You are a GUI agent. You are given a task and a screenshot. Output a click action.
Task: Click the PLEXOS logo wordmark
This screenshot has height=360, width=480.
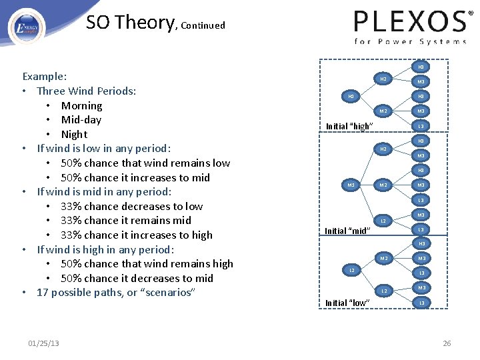(409, 22)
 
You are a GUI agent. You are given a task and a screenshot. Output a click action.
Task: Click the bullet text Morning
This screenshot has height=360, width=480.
(81, 105)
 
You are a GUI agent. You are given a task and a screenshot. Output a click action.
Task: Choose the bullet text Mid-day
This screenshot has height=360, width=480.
(81, 120)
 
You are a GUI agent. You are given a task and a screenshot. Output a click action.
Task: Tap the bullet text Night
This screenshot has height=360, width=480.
(74, 134)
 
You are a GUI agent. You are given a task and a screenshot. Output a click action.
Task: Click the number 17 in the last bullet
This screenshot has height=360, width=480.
(43, 293)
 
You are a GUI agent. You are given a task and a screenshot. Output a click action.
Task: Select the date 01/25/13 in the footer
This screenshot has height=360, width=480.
(43, 343)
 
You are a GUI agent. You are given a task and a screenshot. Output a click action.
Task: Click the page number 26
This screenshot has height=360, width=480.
(447, 343)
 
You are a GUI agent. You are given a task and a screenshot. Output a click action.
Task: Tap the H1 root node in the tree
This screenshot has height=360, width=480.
(351, 97)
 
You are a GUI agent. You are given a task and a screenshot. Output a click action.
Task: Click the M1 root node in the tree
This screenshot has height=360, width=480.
(351, 185)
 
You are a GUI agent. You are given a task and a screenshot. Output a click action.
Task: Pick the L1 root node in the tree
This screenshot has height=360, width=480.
(351, 270)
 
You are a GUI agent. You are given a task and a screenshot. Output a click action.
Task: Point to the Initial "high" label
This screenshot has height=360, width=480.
(349, 127)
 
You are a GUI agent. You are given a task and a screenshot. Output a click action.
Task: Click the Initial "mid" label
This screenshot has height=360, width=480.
(346, 231)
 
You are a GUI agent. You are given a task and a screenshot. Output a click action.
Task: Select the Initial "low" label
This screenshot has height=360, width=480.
(346, 303)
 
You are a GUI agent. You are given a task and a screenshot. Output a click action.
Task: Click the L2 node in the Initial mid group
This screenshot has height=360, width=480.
(383, 221)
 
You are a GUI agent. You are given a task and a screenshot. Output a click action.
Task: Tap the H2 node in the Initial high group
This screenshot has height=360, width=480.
(383, 79)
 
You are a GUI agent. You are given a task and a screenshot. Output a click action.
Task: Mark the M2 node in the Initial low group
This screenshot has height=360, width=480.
(383, 257)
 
